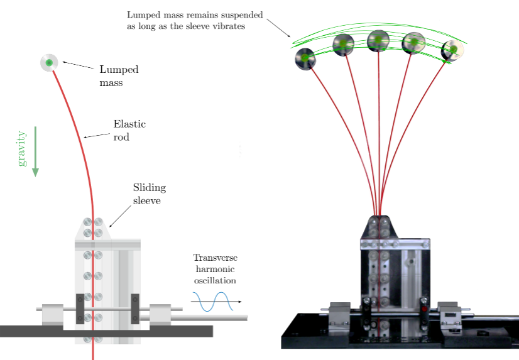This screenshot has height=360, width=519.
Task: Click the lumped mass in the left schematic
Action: [49, 62]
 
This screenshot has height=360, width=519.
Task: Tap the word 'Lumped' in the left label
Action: [119, 70]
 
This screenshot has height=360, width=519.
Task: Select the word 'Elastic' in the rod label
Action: [129, 124]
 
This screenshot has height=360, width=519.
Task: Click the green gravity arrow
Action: [35, 151]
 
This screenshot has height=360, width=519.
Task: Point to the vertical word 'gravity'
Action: [21, 148]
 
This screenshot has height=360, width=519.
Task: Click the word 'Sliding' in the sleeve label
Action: [150, 188]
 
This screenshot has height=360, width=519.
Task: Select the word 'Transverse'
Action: [216, 258]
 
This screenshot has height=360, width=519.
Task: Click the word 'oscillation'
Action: [215, 281]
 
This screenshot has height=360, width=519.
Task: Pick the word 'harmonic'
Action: [215, 269]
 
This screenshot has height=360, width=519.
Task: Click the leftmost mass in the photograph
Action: [305, 59]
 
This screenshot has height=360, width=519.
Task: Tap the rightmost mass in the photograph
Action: [452, 51]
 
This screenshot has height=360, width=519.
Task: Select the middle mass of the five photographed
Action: [378, 41]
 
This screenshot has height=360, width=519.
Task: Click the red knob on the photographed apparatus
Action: [424, 309]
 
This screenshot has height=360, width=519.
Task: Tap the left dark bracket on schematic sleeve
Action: [80, 308]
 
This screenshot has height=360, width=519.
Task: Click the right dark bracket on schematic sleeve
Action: [135, 308]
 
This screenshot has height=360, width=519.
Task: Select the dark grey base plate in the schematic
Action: [106, 331]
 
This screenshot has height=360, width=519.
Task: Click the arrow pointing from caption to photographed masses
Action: [278, 28]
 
